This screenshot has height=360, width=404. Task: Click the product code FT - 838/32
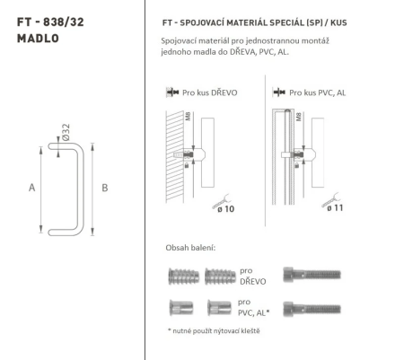tap(48, 19)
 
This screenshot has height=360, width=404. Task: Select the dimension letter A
tap(33, 187)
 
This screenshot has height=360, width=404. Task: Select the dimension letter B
tap(106, 187)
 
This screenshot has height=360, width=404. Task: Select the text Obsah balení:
tap(191, 248)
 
